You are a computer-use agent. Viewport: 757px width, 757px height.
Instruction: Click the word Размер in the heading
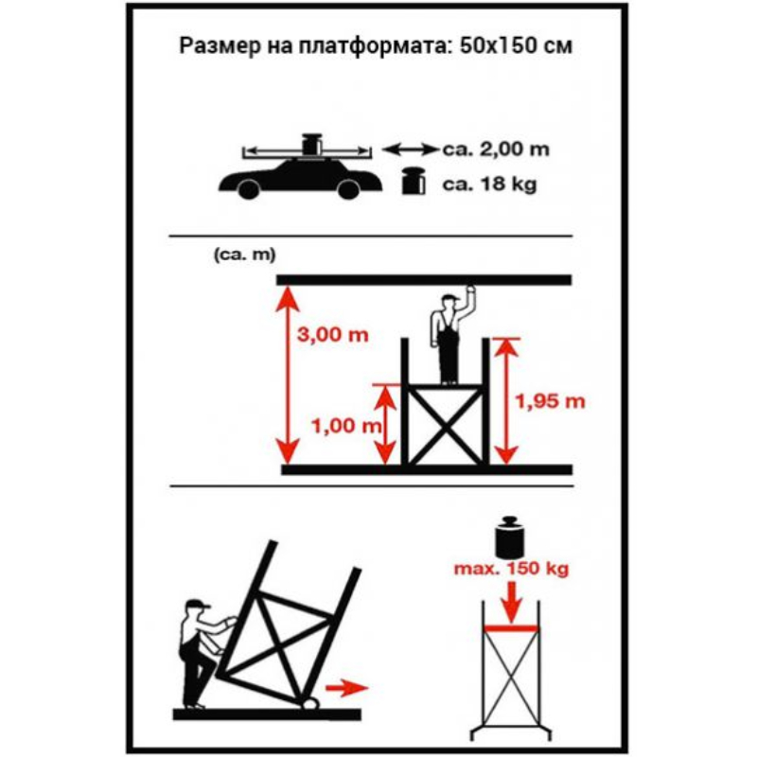click(220, 45)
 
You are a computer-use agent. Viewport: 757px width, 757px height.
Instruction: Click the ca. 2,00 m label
click(496, 150)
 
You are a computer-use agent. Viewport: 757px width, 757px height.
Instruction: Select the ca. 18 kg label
click(489, 185)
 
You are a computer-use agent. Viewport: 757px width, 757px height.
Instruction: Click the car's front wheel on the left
click(249, 188)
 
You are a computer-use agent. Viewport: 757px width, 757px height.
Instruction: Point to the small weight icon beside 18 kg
click(414, 181)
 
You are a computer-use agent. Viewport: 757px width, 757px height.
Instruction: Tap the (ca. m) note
click(245, 255)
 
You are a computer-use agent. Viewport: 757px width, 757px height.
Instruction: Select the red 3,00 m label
click(333, 335)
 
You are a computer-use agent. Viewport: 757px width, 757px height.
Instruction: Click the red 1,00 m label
click(346, 426)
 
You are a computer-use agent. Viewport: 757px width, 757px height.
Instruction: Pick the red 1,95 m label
click(551, 401)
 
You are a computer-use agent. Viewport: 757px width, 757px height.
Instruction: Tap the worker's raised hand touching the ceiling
click(468, 292)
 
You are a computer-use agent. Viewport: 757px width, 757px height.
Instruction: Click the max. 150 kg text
click(511, 569)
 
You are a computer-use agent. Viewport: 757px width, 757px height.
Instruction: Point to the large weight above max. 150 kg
click(510, 537)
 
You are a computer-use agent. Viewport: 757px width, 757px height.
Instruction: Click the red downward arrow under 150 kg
click(511, 602)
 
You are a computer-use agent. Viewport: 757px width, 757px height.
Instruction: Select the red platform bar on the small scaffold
click(511, 628)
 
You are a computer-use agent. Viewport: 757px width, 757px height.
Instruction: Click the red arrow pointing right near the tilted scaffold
click(347, 688)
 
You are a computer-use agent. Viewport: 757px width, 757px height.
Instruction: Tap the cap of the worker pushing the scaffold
click(199, 605)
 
